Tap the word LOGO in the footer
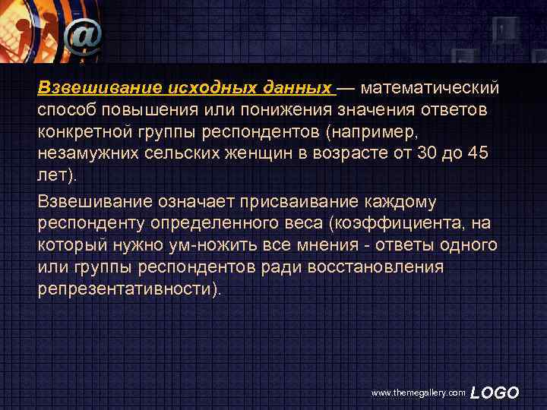[x=495, y=393]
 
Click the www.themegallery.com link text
[x=418, y=393]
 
